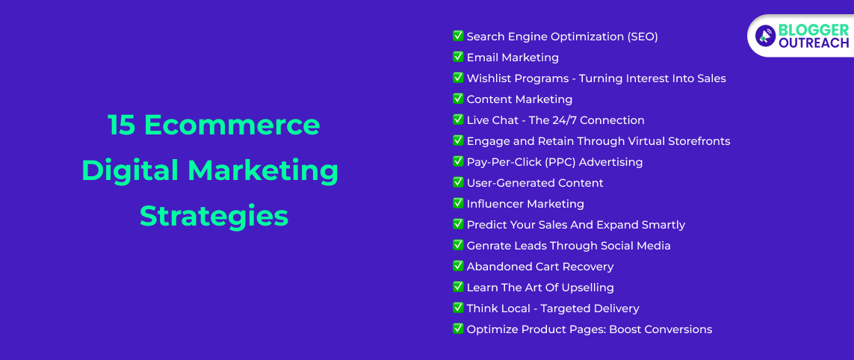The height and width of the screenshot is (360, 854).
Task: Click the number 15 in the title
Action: point(122,125)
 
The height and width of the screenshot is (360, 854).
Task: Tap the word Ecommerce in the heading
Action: point(232,125)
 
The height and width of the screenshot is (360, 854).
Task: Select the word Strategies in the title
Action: point(214,216)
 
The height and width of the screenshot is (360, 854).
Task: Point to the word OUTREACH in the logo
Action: point(813,43)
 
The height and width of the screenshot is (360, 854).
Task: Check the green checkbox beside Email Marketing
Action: point(458,57)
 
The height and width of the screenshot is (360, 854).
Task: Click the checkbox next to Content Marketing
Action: point(458,99)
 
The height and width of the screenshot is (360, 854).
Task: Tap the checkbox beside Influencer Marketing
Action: point(458,203)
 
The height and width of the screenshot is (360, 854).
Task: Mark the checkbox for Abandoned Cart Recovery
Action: point(458,266)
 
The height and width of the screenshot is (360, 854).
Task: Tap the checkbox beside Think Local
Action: point(458,308)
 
